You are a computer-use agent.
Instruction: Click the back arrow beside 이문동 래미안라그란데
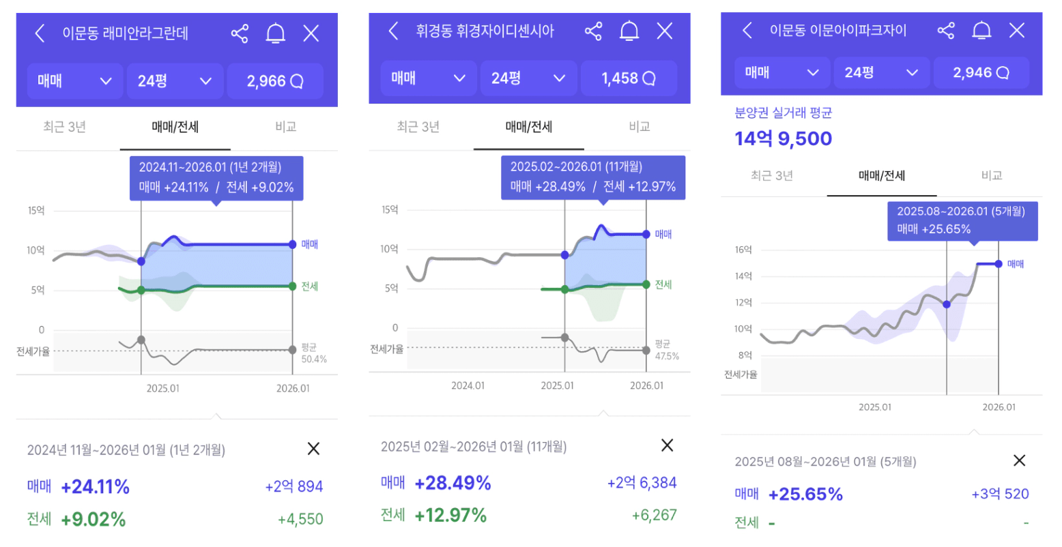(40, 33)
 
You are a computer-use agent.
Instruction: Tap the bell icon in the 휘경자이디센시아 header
(629, 31)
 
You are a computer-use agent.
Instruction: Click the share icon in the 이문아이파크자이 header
(946, 30)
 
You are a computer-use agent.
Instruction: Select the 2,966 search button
(274, 81)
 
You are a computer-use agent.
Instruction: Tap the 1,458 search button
(628, 78)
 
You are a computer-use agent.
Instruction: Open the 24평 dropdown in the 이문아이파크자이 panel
(881, 72)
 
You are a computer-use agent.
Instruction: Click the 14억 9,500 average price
(783, 138)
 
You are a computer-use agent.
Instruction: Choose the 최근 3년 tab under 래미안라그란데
(64, 127)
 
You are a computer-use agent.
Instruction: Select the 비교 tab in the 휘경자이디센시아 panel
(640, 126)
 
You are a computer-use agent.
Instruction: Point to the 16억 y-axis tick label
(743, 250)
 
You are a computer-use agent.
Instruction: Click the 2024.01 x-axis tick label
(468, 385)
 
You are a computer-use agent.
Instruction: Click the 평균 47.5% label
(667, 350)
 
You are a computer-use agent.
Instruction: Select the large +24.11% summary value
(95, 486)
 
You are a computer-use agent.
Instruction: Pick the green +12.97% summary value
(450, 515)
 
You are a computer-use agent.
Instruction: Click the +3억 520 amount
(1000, 494)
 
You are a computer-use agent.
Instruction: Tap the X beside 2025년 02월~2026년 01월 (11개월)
(667, 445)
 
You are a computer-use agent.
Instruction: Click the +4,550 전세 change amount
(300, 519)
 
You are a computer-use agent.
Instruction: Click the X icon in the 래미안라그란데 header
(311, 33)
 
